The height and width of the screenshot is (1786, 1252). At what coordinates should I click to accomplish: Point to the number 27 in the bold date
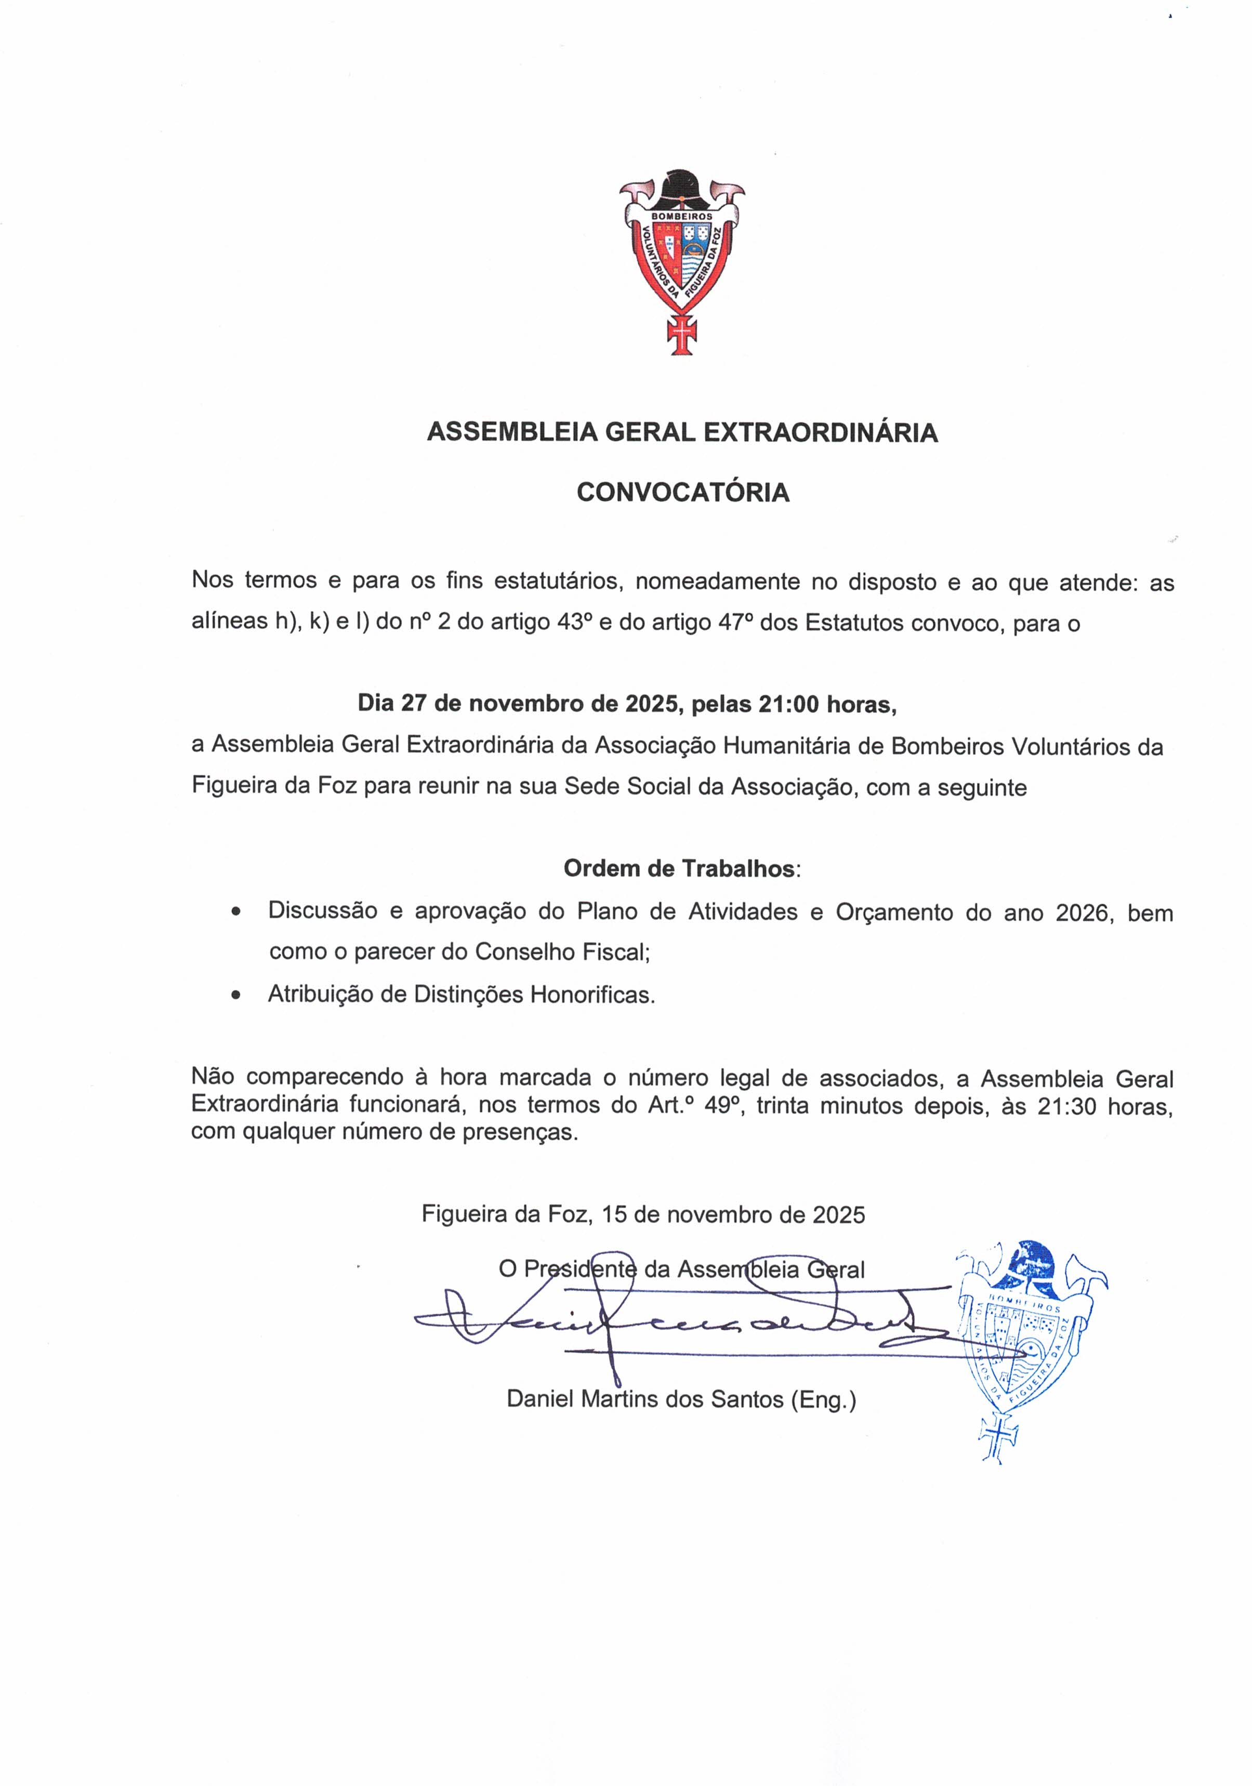[414, 704]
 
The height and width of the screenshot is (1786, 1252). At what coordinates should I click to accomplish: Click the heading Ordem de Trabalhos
[679, 869]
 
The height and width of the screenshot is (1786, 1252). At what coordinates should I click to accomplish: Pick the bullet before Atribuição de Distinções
[236, 995]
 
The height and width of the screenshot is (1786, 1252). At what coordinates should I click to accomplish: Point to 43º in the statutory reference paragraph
[574, 623]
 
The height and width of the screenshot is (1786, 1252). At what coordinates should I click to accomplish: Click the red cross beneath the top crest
[682, 334]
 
